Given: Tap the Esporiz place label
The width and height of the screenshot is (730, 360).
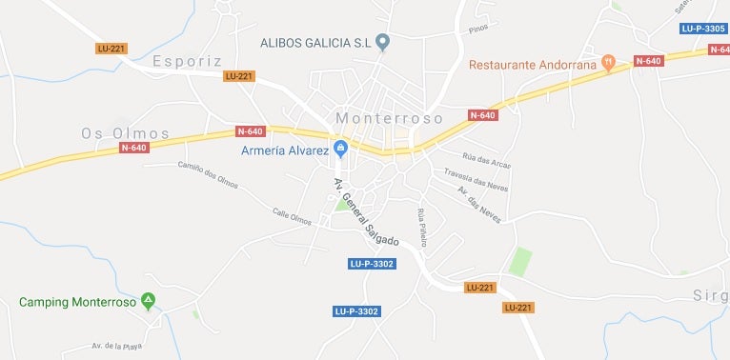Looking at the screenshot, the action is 187,61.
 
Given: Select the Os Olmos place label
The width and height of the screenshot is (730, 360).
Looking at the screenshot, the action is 126,133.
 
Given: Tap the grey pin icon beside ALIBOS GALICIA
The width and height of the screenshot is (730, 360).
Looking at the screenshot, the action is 383,42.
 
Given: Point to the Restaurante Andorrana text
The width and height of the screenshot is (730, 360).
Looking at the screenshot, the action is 533,65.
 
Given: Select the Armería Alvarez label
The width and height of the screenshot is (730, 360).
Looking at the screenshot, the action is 282,150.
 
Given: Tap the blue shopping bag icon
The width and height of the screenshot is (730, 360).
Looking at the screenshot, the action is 340,150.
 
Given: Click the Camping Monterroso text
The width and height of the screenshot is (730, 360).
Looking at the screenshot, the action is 76,302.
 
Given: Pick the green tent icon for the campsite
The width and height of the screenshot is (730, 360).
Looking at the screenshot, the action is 148,302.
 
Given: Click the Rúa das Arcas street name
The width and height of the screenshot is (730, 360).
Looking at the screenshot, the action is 486,160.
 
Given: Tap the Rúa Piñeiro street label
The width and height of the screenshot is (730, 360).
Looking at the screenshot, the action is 421,229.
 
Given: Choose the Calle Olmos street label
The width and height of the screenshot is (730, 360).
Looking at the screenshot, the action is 292,217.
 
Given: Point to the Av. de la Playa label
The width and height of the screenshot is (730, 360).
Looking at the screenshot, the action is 116,346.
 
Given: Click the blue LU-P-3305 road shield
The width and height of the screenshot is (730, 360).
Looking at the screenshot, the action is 703,29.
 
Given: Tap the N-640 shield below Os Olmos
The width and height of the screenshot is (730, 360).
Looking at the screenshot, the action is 133,148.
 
